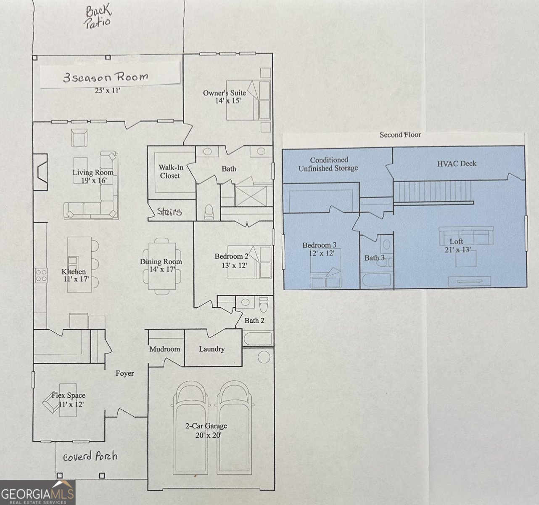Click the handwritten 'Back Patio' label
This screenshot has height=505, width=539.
(98, 16)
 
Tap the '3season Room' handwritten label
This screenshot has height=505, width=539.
(106, 77)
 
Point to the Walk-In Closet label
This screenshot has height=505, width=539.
(170, 172)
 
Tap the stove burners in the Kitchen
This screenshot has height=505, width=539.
(41, 276)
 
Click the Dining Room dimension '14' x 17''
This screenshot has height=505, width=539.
(161, 269)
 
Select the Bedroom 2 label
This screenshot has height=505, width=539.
(231, 256)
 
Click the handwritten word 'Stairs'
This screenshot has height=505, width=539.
(169, 211)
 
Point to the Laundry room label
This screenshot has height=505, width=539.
(211, 349)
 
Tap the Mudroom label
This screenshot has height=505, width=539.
(164, 349)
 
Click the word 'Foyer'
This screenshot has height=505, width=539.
(125, 373)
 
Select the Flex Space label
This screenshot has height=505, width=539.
(68, 396)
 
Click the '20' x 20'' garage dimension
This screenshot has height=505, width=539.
(208, 435)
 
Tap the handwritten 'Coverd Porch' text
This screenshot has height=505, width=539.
(90, 457)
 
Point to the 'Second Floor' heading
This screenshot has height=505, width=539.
(400, 135)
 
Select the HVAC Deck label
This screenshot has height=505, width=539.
(457, 164)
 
